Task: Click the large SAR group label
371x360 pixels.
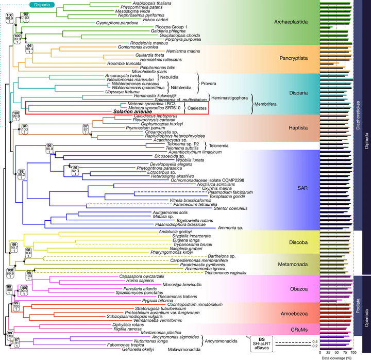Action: (x=295, y=189)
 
